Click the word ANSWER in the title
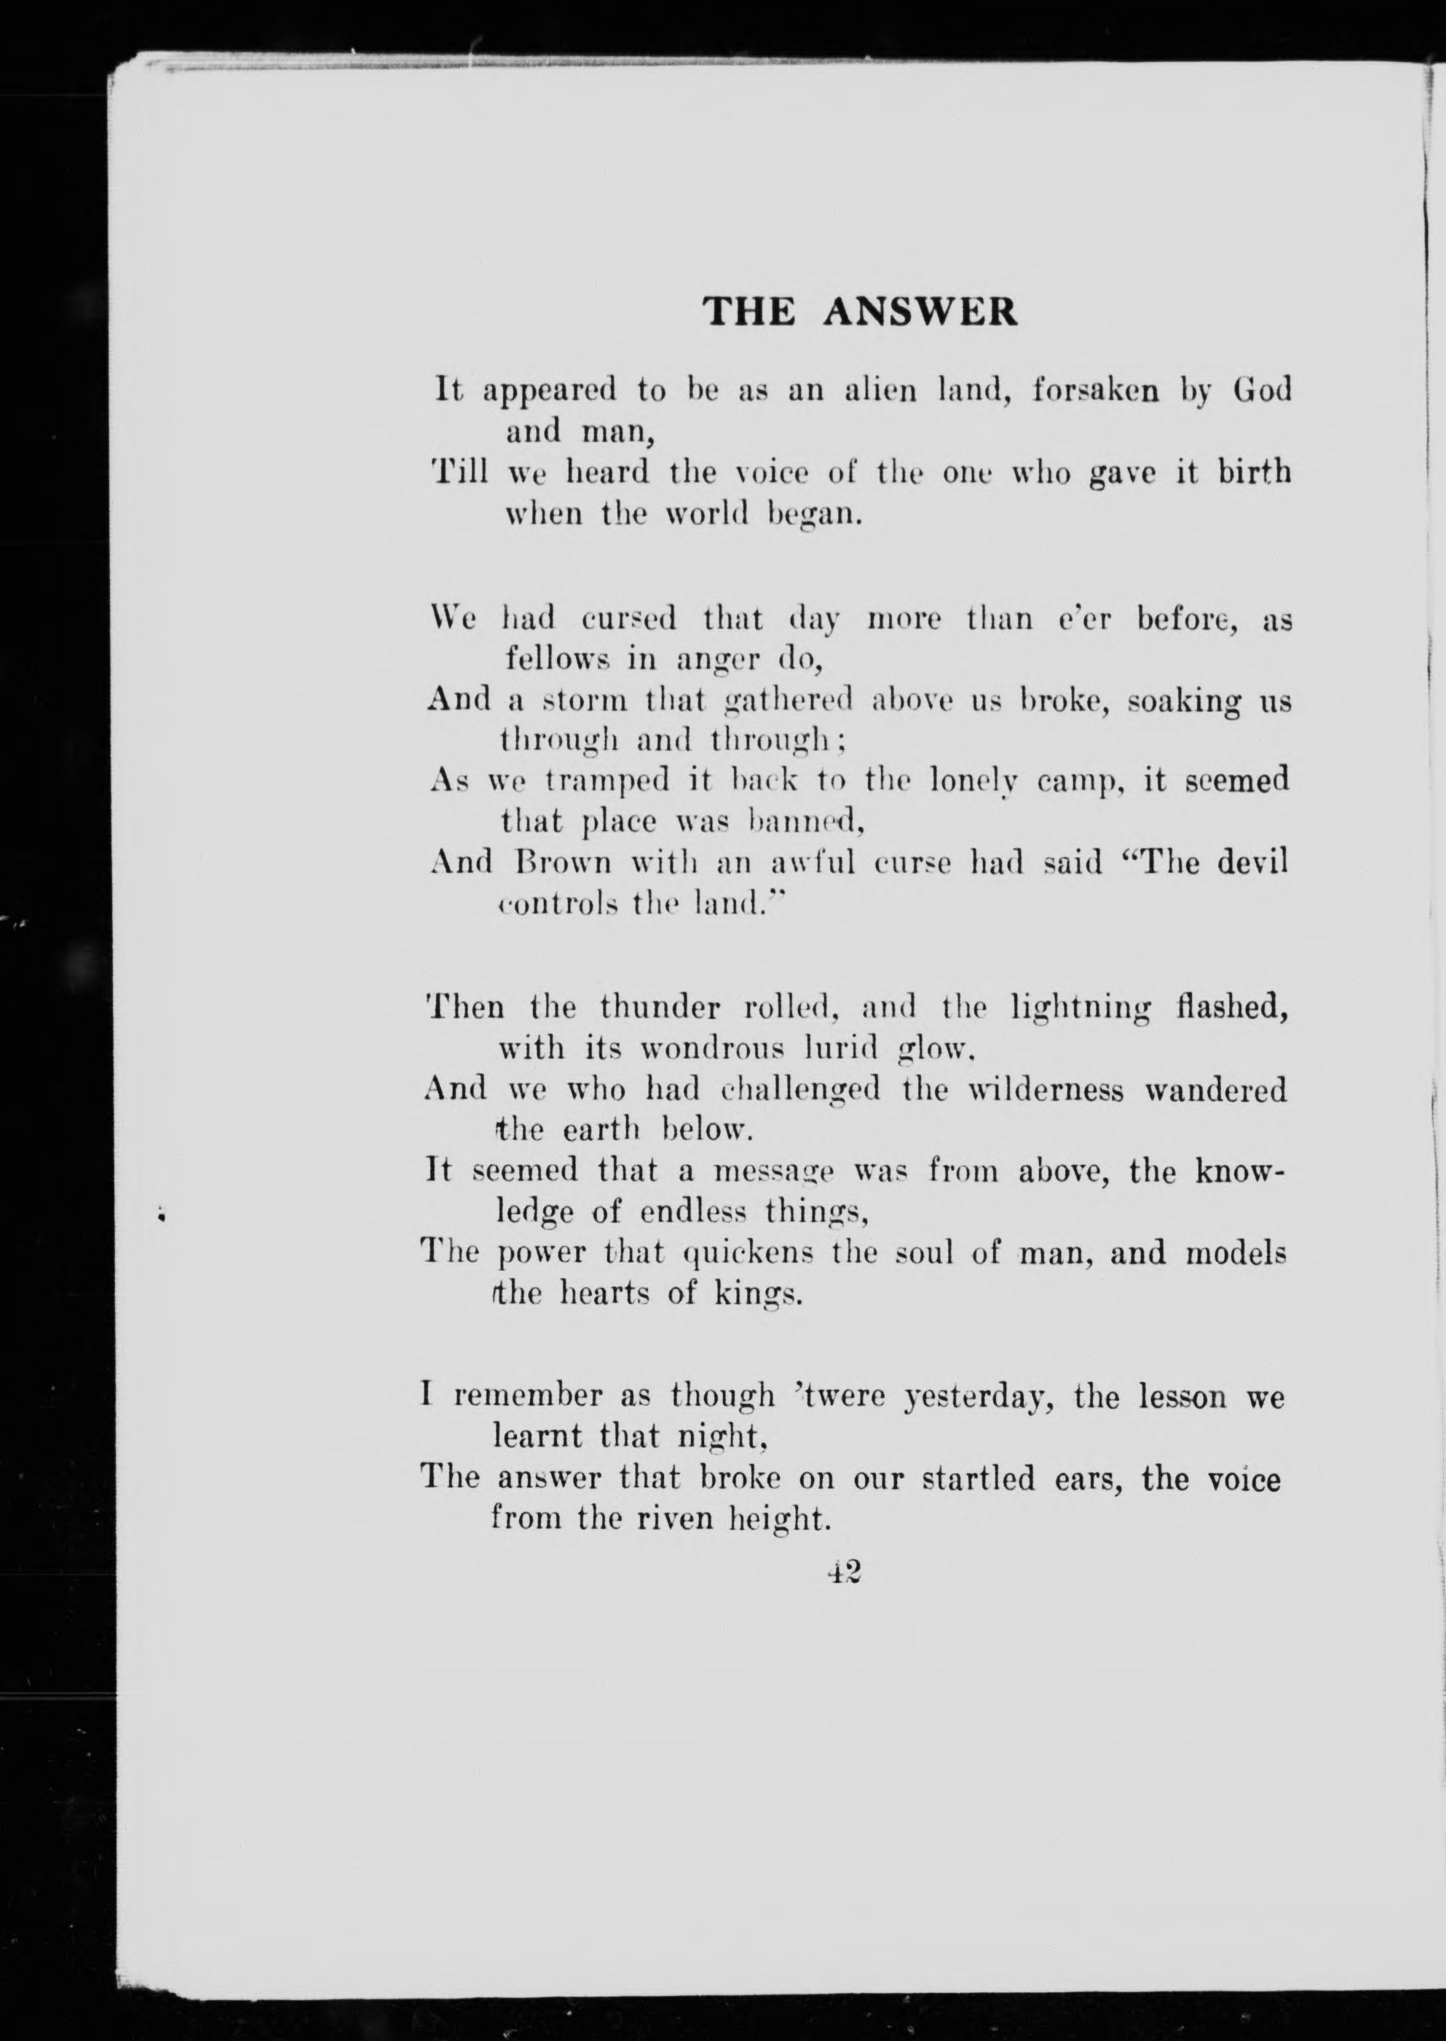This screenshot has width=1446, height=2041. coord(920,312)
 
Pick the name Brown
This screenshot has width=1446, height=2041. coord(564,863)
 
